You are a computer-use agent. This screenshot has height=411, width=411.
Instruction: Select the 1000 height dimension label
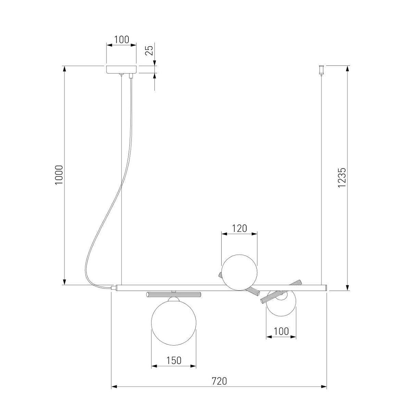(59, 175)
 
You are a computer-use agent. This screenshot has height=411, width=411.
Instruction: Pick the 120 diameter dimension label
(239, 228)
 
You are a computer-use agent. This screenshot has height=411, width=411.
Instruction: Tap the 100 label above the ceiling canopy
(122, 40)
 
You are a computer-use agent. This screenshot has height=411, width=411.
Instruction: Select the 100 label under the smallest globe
(281, 331)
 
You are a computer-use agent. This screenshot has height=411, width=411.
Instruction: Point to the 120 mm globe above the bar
(239, 272)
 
